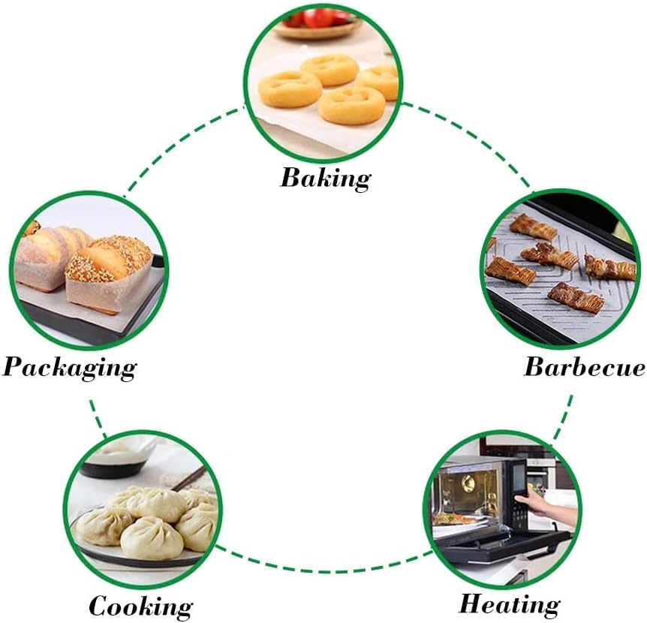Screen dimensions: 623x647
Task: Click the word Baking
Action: pos(325,179)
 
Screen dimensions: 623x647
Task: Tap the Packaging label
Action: pos(70,367)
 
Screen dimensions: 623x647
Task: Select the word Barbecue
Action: pos(584,367)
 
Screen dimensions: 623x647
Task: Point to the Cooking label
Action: pos(140,606)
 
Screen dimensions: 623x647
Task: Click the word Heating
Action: pos(509,603)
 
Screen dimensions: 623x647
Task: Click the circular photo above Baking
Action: pos(323,79)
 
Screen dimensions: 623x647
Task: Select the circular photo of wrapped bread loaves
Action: pos(90,270)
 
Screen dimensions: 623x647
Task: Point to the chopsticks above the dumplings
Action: pos(192,477)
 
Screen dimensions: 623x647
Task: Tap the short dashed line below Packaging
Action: pos(97,416)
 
